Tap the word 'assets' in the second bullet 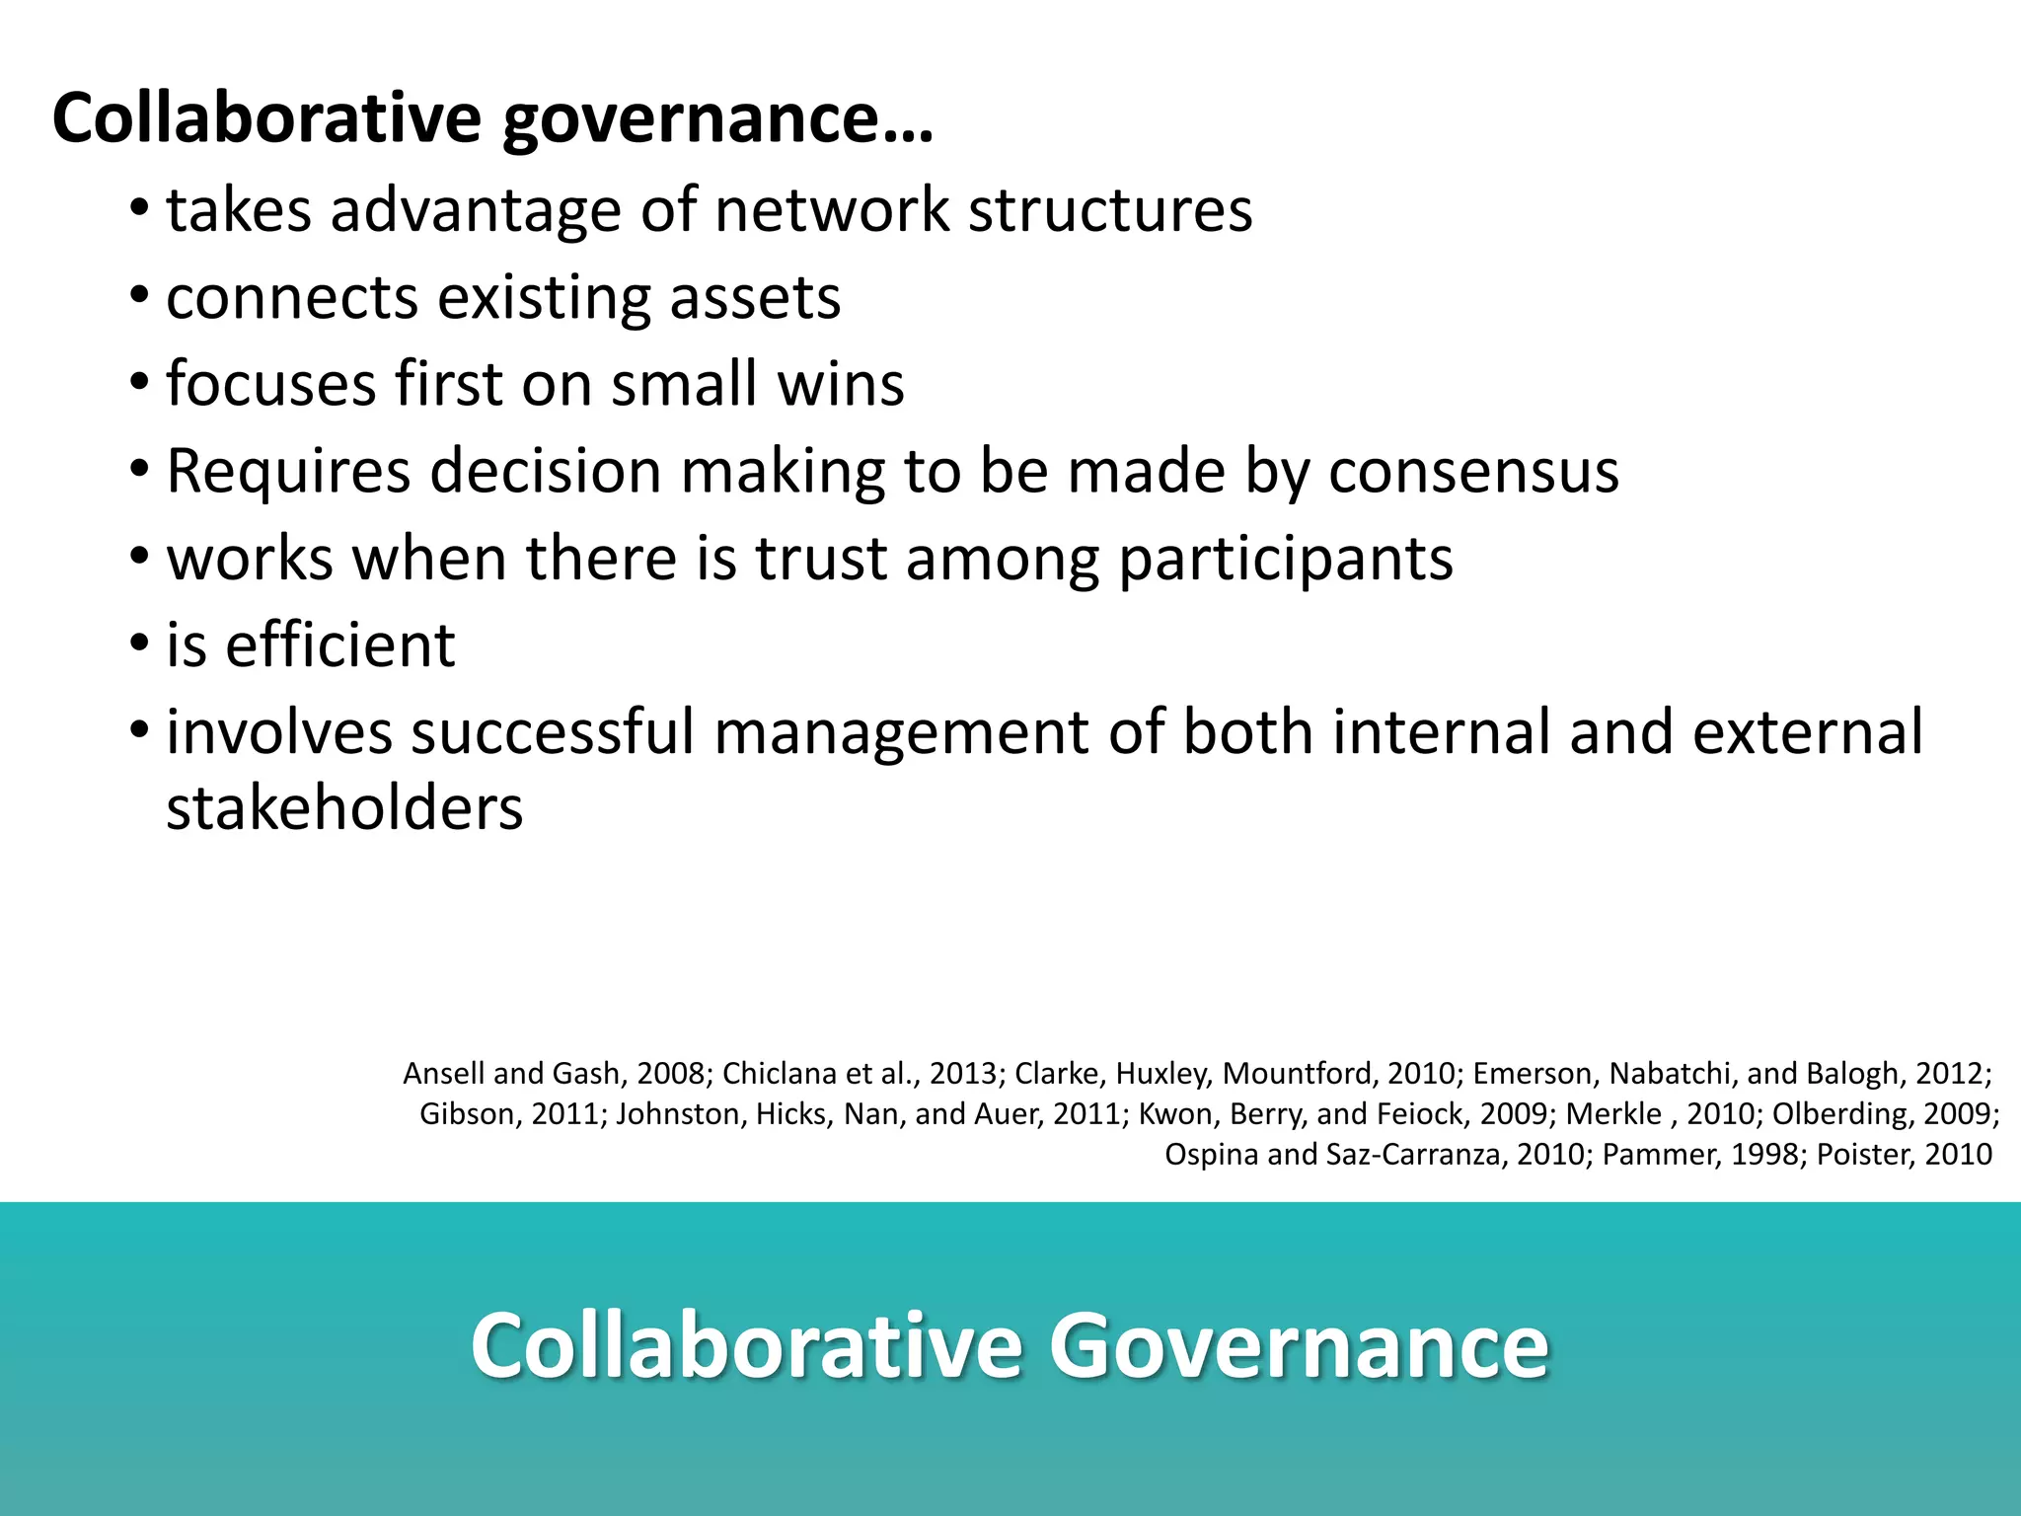coord(755,297)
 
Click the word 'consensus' coord(1473,471)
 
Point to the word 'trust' coord(821,558)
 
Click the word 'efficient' coord(339,645)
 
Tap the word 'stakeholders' coord(344,808)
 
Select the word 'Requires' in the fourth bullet coord(288,471)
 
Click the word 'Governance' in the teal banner coord(1299,1345)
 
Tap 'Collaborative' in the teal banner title coord(746,1345)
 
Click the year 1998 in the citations coord(1766,1154)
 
